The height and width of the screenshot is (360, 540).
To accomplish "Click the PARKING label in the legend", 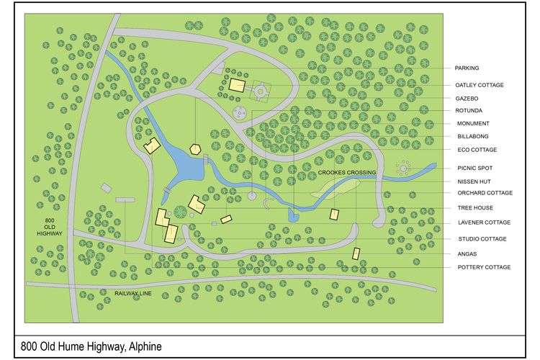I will [x=467, y=68].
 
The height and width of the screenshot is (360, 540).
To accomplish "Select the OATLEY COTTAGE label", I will [x=479, y=85].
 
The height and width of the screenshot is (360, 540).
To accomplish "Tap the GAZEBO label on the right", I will [x=467, y=98].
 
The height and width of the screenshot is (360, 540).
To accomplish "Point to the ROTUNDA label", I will [x=469, y=110].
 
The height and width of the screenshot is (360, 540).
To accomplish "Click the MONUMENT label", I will [x=472, y=123].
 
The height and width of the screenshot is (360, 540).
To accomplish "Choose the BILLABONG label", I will [x=472, y=136].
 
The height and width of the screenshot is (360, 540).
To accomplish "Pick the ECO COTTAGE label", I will [x=477, y=150].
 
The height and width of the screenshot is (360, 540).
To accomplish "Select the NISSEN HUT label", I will [x=474, y=181].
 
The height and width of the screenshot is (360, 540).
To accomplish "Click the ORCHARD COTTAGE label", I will [x=485, y=193].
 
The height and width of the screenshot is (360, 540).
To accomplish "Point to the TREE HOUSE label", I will [x=474, y=209].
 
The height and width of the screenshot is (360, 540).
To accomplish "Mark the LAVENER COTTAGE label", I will [x=484, y=222].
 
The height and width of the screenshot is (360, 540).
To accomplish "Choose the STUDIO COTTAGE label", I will [x=482, y=239].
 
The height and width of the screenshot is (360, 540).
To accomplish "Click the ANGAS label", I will [x=467, y=253].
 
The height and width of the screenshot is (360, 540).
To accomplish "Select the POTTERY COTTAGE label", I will [x=484, y=267].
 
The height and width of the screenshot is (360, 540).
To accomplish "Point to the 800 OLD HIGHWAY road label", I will [x=50, y=227].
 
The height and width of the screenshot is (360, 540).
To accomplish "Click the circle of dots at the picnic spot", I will [x=404, y=168].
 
